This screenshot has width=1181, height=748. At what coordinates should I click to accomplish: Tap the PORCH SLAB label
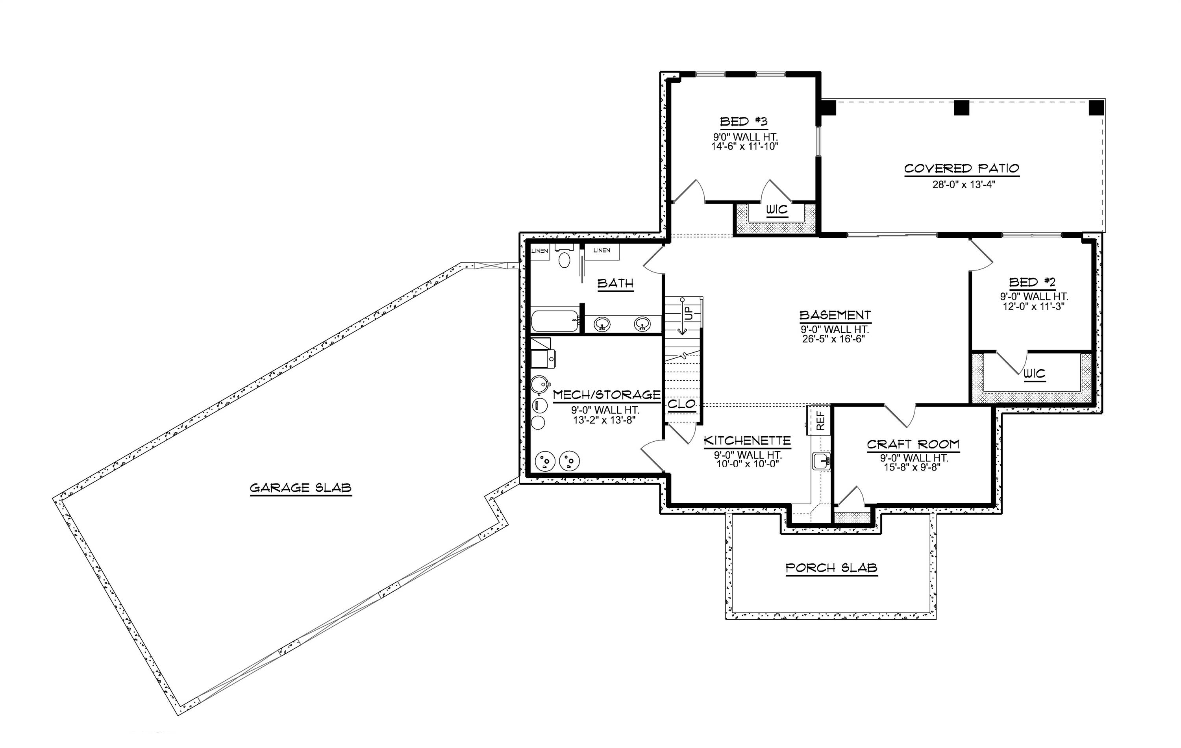831,568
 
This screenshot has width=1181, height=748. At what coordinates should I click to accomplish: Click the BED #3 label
744,121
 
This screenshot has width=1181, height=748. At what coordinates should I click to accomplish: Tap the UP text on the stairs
689,313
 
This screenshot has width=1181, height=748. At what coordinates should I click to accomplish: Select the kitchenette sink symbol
821,461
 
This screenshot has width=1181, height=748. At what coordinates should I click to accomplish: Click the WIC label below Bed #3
777,210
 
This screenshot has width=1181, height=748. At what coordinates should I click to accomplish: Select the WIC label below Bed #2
1034,374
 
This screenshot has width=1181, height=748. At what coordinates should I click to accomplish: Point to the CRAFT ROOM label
913,444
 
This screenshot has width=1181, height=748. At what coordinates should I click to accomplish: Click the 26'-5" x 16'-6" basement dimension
834,339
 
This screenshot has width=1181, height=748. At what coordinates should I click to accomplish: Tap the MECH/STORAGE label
607,395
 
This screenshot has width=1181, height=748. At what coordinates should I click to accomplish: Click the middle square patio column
961,107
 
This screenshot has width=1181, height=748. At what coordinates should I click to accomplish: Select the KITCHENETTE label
747,441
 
